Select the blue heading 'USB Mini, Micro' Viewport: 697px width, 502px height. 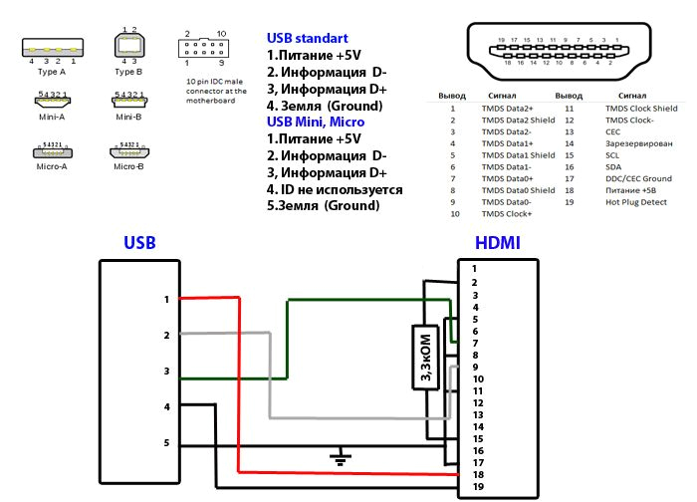pyautogui.click(x=315, y=122)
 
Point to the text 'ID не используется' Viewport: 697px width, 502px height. pyautogui.click(x=343, y=189)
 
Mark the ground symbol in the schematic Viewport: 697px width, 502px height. pyautogui.click(x=342, y=459)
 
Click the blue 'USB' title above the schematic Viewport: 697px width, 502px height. pyautogui.click(x=139, y=243)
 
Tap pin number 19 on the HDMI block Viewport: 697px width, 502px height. pyautogui.click(x=476, y=486)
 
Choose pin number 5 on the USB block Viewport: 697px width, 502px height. pyautogui.click(x=167, y=443)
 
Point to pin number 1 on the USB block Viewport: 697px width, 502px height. pyautogui.click(x=167, y=299)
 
